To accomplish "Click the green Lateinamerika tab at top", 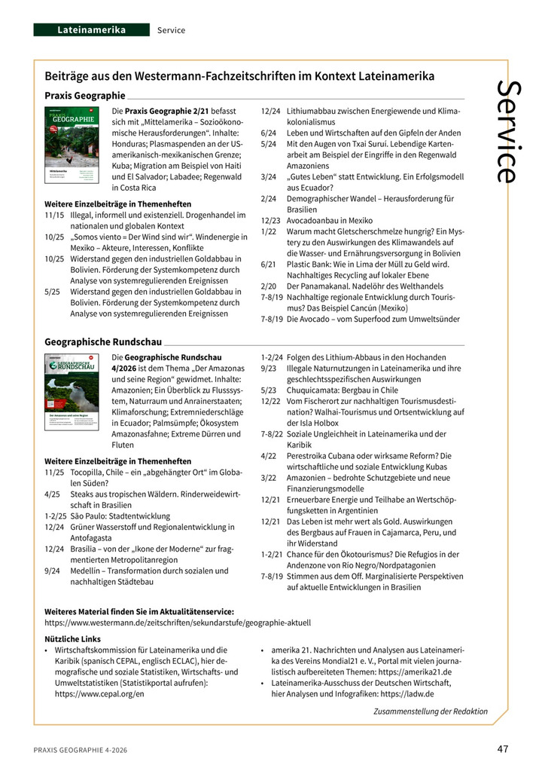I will coord(92,30).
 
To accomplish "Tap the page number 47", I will coord(503,749).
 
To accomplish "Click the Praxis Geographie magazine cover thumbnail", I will coord(72,145).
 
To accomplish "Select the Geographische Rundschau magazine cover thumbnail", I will coord(72,390).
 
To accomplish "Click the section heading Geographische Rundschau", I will coord(102,341).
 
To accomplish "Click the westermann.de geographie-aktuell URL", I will coord(178,623).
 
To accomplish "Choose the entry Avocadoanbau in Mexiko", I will coord(330,221).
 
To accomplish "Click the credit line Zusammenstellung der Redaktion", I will coord(430,711).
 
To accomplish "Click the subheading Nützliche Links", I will coord(73,638).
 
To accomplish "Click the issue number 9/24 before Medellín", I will coord(53,571).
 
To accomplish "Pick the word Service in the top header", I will coord(171,30).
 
